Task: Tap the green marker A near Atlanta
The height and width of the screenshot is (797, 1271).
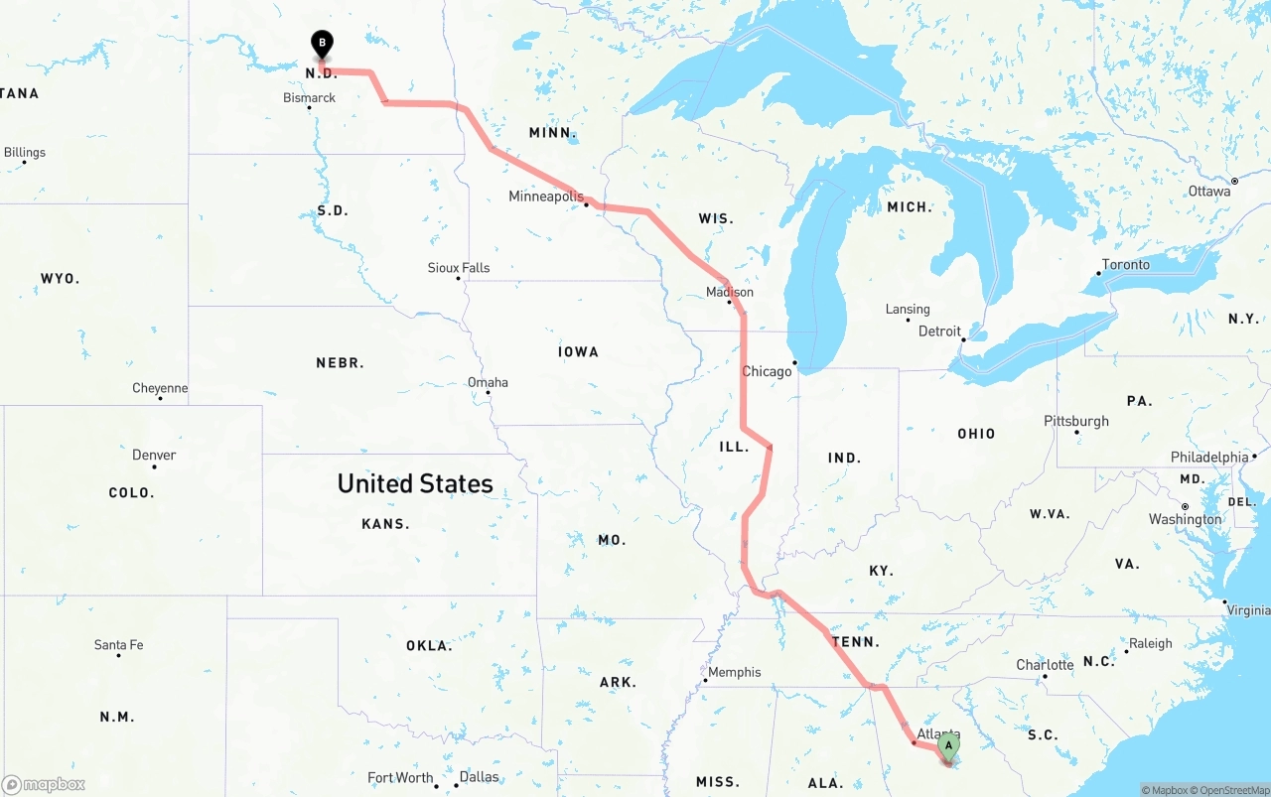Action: point(949,745)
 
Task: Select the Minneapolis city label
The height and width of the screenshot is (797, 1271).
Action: point(546,197)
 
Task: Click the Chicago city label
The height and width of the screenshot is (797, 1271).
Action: point(768,371)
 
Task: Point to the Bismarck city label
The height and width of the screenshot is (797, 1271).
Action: point(309,98)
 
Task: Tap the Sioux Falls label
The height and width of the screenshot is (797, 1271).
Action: point(459,268)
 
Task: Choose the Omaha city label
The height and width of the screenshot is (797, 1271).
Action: point(488,382)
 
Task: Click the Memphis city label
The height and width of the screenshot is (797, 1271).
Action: point(735,672)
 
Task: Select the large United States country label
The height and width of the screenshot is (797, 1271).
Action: point(415,483)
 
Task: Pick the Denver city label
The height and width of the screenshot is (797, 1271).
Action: point(154,455)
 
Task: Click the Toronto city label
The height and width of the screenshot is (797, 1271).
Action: point(1126,265)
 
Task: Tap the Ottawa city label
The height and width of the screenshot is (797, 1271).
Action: point(1208,191)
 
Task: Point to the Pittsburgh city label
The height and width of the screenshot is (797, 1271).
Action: point(1076,421)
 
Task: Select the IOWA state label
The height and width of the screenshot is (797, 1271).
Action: point(578,351)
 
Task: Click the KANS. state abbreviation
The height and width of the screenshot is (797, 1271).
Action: point(385,523)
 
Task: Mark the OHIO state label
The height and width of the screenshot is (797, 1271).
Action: point(976,434)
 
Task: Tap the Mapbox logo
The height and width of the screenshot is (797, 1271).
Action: point(44,784)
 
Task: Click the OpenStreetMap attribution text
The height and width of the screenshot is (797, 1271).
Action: point(1233,790)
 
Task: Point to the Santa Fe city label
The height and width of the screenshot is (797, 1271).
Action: point(118,645)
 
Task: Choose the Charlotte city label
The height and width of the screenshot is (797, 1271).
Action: point(1045,665)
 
